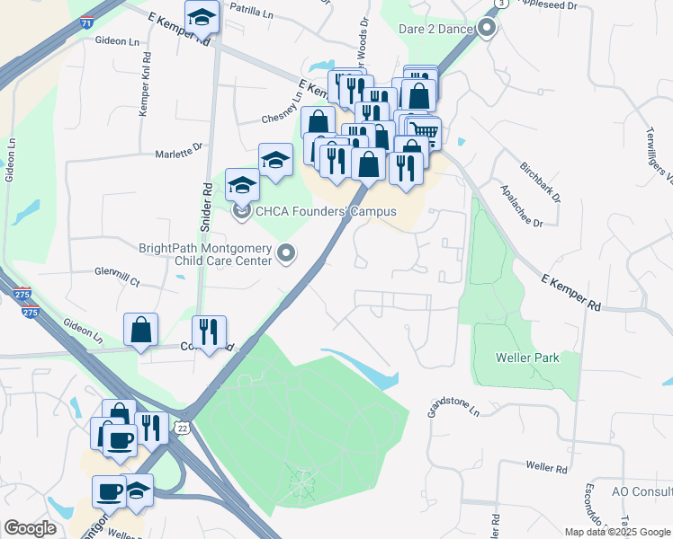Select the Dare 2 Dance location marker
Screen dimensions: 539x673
tap(487, 29)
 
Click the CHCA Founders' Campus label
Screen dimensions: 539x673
tap(326, 212)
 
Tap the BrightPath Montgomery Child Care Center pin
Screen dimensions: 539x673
tap(286, 254)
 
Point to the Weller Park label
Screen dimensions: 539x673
tap(527, 358)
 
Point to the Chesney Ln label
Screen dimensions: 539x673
tap(285, 118)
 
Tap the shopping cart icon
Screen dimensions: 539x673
tap(425, 132)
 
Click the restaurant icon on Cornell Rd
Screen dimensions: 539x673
tap(209, 331)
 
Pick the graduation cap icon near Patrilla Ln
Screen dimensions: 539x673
tap(202, 16)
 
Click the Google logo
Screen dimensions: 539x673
tap(30, 528)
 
